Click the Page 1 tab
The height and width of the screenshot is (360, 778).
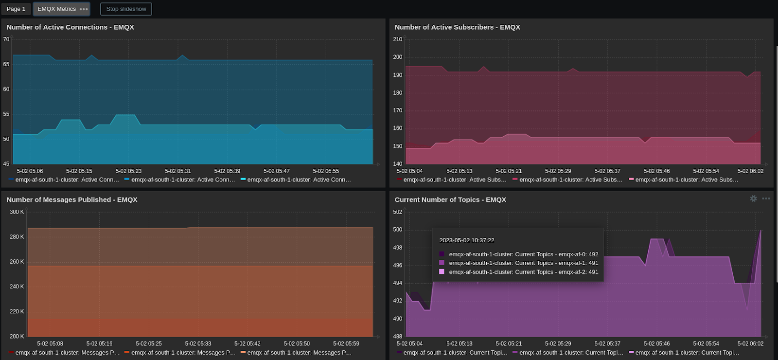click(x=16, y=9)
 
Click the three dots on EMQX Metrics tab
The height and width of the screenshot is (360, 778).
click(x=84, y=9)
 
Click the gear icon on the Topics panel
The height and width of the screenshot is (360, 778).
click(x=753, y=198)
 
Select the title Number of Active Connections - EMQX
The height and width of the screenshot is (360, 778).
click(x=70, y=27)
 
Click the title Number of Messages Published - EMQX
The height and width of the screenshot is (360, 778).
click(x=72, y=199)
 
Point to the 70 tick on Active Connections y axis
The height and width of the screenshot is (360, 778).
click(x=6, y=39)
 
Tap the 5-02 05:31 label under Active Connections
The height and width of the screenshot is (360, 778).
click(x=177, y=171)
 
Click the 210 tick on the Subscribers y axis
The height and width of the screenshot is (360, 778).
click(x=397, y=39)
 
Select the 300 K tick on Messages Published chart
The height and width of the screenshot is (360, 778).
click(x=17, y=212)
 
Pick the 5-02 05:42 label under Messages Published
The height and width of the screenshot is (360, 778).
click(x=247, y=343)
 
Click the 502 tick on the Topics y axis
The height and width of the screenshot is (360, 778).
click(x=397, y=212)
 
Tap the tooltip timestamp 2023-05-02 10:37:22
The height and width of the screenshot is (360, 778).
click(x=466, y=240)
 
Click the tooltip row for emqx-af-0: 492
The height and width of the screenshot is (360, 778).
click(x=523, y=254)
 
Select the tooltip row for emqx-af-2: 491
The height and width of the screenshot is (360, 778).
click(x=523, y=272)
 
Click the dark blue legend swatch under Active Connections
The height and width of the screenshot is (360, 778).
click(x=11, y=180)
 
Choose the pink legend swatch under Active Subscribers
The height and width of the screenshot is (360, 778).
click(x=631, y=180)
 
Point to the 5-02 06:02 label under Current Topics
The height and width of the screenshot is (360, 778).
click(x=750, y=343)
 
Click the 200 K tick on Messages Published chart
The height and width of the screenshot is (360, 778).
click(x=17, y=336)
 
